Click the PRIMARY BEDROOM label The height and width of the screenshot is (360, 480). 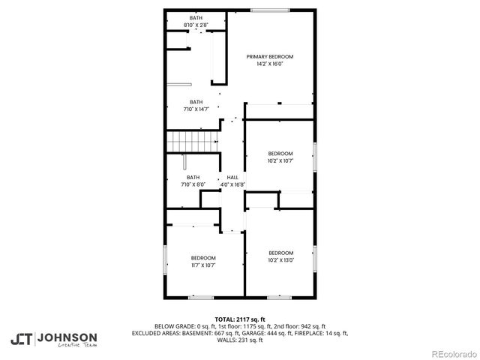point(270,57)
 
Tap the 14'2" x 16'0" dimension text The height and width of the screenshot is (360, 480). point(270,64)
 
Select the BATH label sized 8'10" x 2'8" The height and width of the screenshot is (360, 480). point(196,18)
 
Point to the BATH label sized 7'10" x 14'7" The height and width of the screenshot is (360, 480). point(196,102)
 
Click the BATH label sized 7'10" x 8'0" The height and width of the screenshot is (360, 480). point(193,178)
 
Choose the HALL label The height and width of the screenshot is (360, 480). point(232,178)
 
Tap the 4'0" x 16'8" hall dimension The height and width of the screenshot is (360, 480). point(232,184)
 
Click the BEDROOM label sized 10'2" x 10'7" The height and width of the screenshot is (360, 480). point(280,154)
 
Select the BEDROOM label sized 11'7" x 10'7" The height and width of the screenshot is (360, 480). point(202,258)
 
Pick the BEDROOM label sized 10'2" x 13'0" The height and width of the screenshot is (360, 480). point(280,253)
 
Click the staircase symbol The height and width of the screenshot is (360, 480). point(192,139)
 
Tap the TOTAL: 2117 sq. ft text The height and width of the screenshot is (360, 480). point(239,319)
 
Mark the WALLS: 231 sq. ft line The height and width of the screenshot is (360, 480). point(239,340)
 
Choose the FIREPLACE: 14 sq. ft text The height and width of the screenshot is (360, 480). point(319,332)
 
